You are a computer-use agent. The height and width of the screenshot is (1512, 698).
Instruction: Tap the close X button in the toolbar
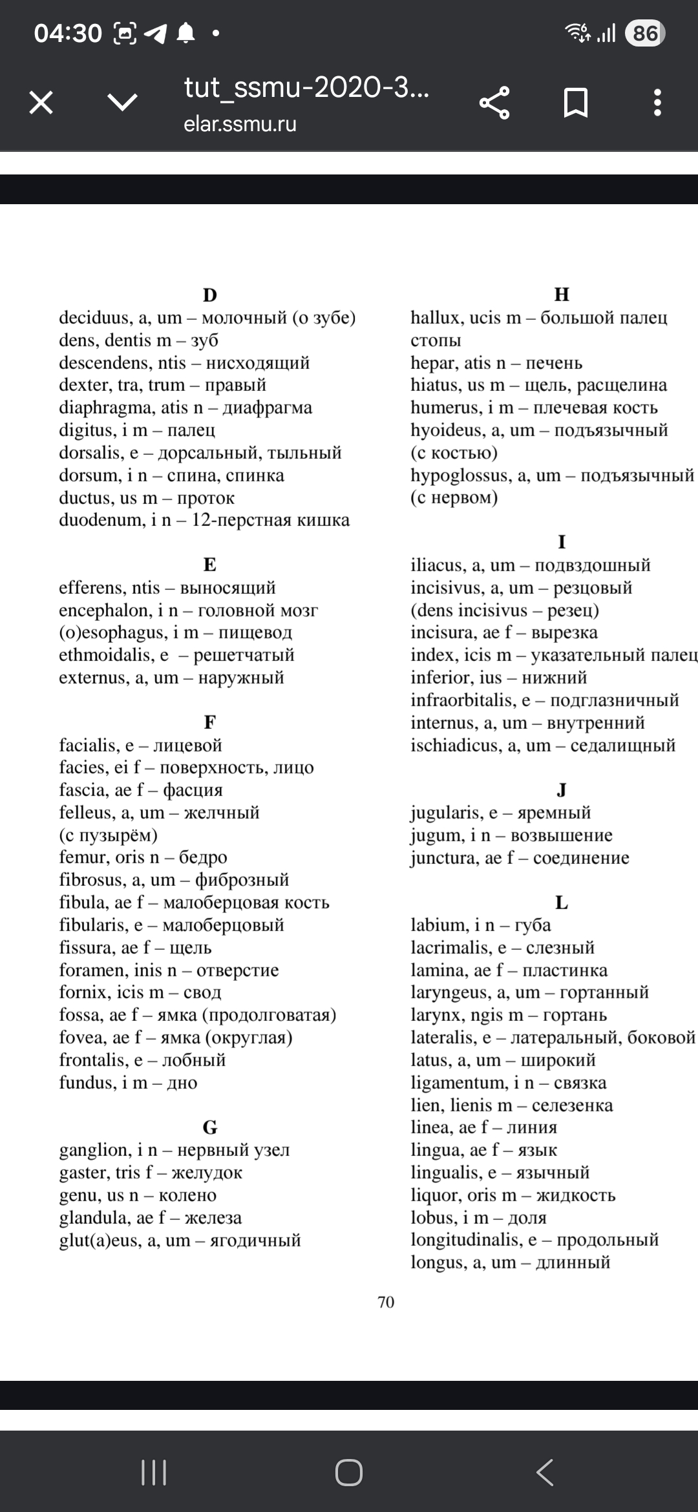(41, 103)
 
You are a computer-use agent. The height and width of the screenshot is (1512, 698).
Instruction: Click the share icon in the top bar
(494, 103)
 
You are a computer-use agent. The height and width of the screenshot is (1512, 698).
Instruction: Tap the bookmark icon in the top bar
(575, 103)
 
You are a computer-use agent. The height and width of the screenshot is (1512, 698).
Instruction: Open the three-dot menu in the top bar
(657, 103)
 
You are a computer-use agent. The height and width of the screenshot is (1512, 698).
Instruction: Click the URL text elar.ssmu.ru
(240, 124)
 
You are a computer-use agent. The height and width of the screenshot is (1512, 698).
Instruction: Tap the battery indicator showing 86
(644, 34)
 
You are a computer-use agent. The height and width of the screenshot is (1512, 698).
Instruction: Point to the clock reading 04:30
(68, 34)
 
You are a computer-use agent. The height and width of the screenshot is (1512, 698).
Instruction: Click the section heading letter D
(210, 295)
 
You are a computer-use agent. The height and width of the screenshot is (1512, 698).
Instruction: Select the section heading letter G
(210, 1128)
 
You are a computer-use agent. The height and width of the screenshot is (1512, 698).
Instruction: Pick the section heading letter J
(562, 790)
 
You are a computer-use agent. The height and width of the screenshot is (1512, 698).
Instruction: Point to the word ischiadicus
(458, 746)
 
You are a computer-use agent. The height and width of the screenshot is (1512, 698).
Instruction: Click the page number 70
(386, 1302)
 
